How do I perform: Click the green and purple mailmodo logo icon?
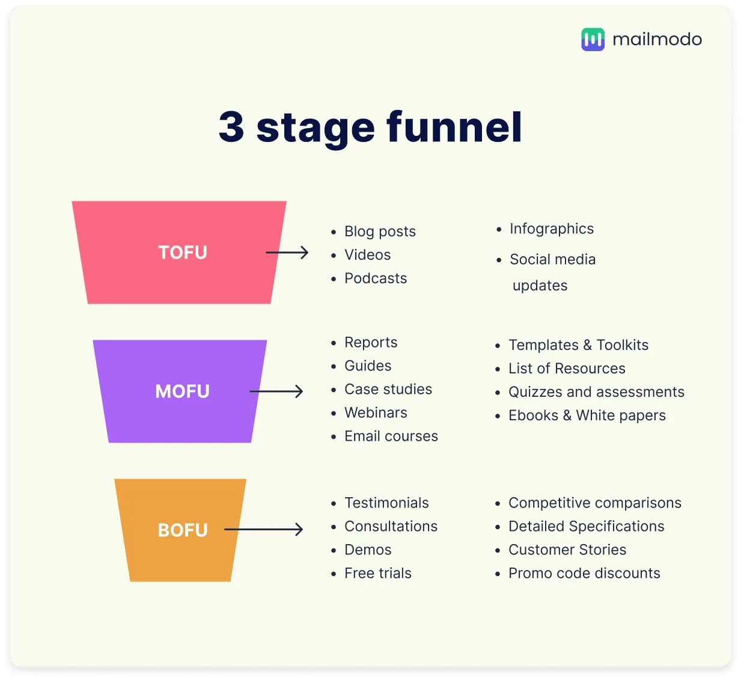pos(593,39)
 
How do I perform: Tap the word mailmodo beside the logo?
pos(657,40)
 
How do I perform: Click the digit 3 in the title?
pos(231,127)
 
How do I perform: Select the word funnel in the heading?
pos(454,126)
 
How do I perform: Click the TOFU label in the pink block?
pos(183,253)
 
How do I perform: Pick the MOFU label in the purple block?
pos(182,391)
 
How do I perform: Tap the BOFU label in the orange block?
pos(183,530)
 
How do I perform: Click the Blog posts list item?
pos(380,231)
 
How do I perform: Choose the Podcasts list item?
pos(375,278)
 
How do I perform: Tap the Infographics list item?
pos(552,229)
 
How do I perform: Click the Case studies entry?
pos(388,389)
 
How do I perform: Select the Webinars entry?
pos(376,413)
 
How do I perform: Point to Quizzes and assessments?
pos(596,392)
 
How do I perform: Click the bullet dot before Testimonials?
pos(334,503)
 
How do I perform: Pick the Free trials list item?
pos(377,573)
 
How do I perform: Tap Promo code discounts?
pos(584,573)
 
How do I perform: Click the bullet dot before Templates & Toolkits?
pos(498,346)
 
